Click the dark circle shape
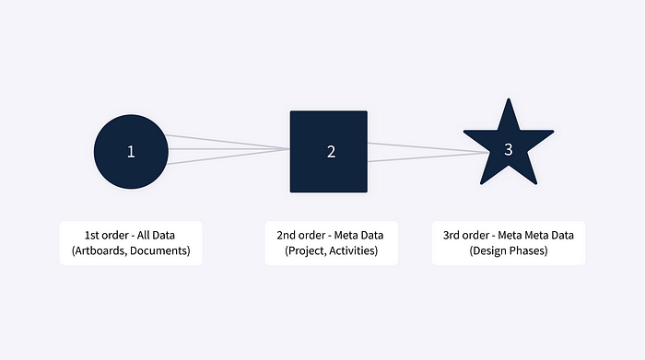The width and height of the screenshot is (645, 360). (x=131, y=152)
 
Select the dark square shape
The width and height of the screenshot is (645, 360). (x=329, y=151)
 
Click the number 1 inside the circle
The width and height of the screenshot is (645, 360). (x=131, y=152)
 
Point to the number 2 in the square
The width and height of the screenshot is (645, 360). (x=331, y=152)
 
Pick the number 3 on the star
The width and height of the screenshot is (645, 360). (x=509, y=149)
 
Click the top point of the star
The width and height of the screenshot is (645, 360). (x=509, y=99)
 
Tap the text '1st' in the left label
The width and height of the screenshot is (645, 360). (x=92, y=235)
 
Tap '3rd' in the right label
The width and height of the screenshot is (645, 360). (x=452, y=235)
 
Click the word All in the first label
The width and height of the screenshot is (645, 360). (x=144, y=235)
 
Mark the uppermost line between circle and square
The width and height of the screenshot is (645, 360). (x=228, y=142)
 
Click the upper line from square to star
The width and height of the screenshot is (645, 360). (x=428, y=147)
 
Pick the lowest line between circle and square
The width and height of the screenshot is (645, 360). (x=229, y=157)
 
